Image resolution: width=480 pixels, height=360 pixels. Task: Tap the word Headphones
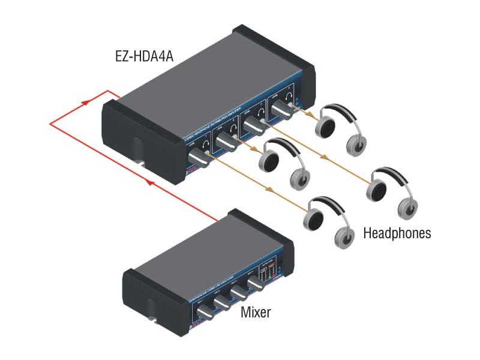coord(397,233)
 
